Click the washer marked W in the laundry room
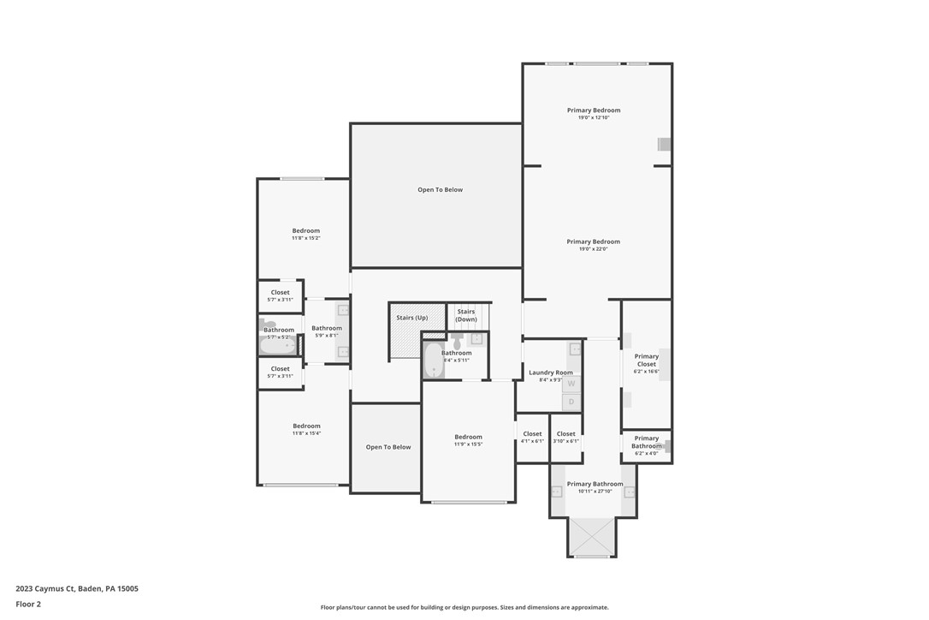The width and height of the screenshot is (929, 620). click(x=571, y=385)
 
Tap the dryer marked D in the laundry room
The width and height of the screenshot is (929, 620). click(x=571, y=402)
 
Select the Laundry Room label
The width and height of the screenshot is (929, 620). click(x=550, y=373)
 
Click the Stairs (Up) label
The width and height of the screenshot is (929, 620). click(x=411, y=318)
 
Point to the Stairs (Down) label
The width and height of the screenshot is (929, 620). click(x=466, y=315)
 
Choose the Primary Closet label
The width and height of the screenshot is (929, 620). click(x=647, y=360)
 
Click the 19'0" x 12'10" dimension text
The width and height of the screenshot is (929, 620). click(x=594, y=117)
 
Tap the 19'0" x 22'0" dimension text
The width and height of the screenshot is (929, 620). click(x=594, y=249)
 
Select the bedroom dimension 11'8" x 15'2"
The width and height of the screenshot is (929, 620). click(x=305, y=238)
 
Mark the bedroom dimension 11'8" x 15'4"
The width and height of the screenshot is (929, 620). click(x=306, y=433)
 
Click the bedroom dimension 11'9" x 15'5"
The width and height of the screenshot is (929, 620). click(x=468, y=444)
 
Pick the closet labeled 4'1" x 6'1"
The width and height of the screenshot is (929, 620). click(x=532, y=441)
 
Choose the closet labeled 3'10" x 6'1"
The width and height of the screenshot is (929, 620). click(x=566, y=441)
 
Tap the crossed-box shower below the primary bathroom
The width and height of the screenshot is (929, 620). click(x=592, y=537)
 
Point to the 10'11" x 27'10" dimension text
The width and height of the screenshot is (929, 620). click(x=595, y=492)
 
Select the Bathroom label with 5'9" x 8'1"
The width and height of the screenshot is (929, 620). click(x=327, y=328)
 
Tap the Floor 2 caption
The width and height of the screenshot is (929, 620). click(x=28, y=605)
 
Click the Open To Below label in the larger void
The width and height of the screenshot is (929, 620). click(x=440, y=190)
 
